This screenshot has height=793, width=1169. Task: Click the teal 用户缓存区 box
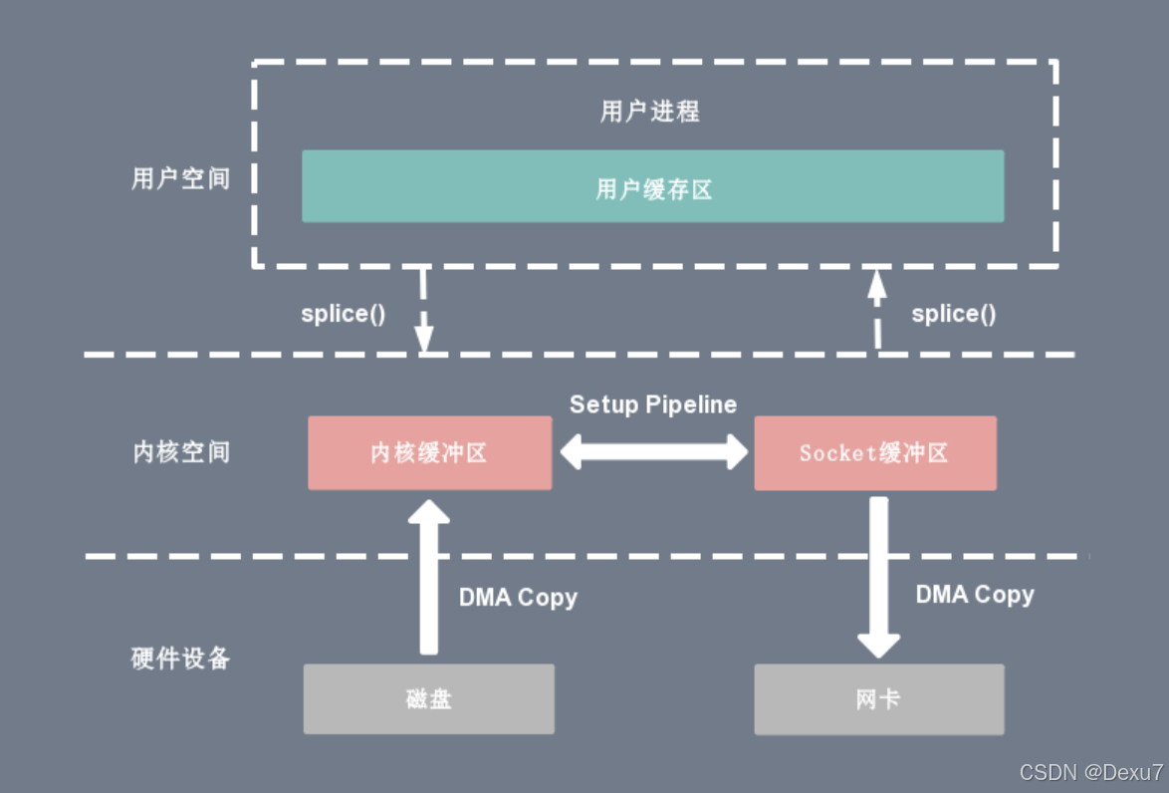[653, 186]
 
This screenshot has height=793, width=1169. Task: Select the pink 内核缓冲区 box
[429, 453]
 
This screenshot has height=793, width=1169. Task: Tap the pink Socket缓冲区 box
[874, 453]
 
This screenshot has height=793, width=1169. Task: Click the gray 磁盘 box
[429, 699]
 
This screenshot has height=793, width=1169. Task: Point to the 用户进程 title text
[650, 111]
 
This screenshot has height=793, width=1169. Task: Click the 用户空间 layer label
[180, 178]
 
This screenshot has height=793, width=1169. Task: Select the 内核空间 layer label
[180, 452]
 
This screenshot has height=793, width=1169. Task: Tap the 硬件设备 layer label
[180, 659]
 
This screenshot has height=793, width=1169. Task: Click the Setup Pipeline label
[653, 404]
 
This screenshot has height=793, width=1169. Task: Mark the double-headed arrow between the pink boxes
[653, 453]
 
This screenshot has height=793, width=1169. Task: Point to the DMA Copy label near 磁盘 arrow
[518, 598]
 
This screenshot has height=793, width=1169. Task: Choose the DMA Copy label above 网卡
[975, 595]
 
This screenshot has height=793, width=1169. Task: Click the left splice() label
[343, 314]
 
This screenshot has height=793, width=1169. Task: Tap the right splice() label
[953, 314]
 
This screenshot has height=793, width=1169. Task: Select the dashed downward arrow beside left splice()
[424, 311]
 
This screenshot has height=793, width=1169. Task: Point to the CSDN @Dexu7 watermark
[1091, 772]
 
